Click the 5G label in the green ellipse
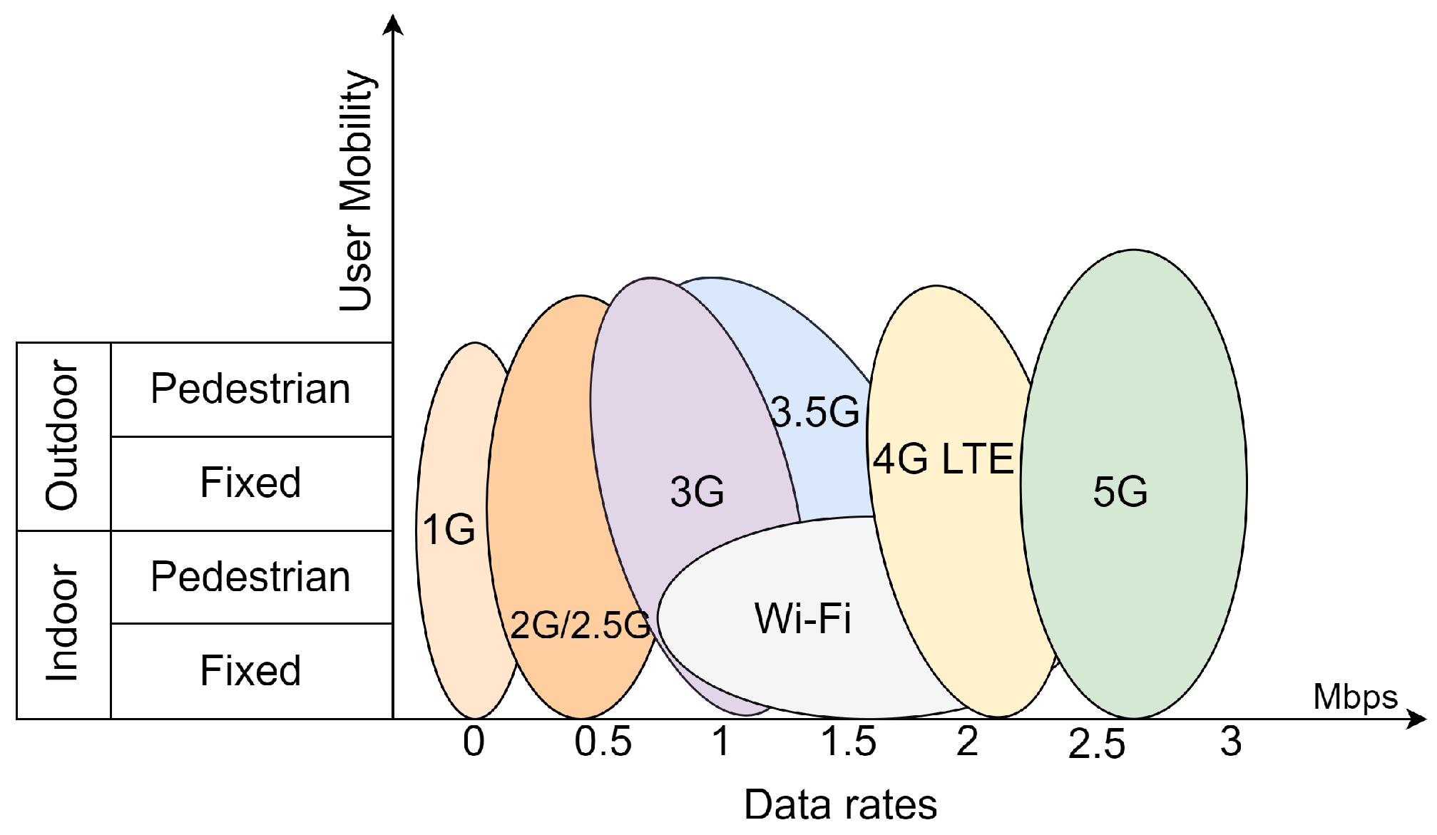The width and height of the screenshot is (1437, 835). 1120,492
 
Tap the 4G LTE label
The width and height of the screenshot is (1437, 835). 943,459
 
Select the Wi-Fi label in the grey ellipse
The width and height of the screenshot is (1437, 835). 803,618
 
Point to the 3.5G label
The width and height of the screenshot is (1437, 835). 815,412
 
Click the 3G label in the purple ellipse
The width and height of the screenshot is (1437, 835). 697,492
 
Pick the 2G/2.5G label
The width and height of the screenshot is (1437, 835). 580,625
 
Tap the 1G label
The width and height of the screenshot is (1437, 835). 449,530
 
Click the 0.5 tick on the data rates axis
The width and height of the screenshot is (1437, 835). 603,742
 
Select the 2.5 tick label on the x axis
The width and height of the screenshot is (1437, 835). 1096,744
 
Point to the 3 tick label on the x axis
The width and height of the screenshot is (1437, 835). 1230,742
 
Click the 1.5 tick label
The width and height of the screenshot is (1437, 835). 848,742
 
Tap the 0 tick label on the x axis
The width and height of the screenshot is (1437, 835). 474,742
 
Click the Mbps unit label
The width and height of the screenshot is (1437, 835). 1355,697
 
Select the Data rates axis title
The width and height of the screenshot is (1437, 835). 840,805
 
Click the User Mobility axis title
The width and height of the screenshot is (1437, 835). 356,191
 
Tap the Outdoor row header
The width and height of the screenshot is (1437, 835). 63,436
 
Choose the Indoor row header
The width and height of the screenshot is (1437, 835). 63,624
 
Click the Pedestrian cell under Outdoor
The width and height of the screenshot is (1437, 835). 250,389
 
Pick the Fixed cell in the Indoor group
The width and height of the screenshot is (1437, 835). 250,671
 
